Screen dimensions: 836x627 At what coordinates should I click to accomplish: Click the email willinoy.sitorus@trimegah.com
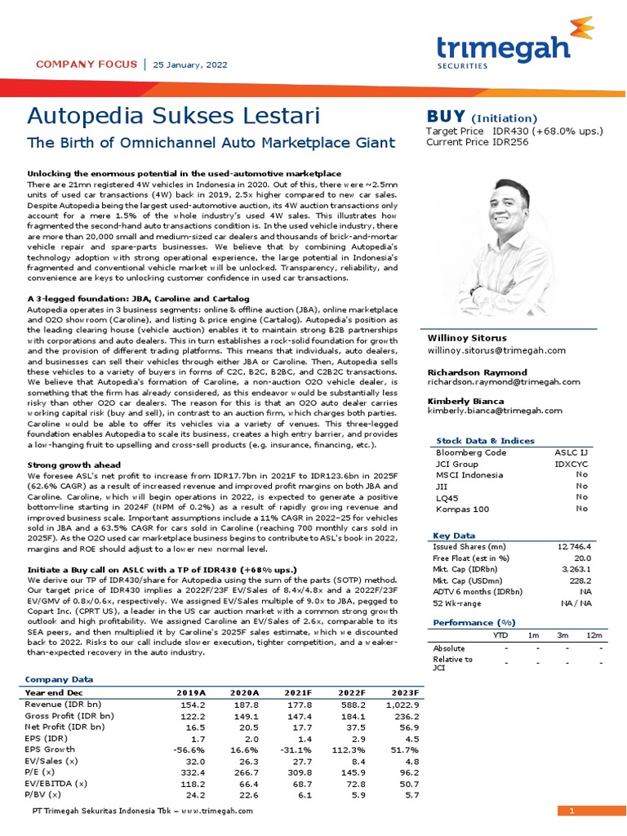pyautogui.click(x=496, y=350)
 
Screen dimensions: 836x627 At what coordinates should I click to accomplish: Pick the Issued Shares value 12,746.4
pyautogui.click(x=575, y=546)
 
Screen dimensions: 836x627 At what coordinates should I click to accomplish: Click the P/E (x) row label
pyautogui.click(x=40, y=772)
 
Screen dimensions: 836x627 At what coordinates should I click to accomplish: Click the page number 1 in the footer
pyautogui.click(x=572, y=811)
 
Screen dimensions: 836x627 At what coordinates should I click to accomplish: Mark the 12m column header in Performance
pyautogui.click(x=594, y=634)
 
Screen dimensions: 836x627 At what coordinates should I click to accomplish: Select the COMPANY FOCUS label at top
pyautogui.click(x=84, y=64)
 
